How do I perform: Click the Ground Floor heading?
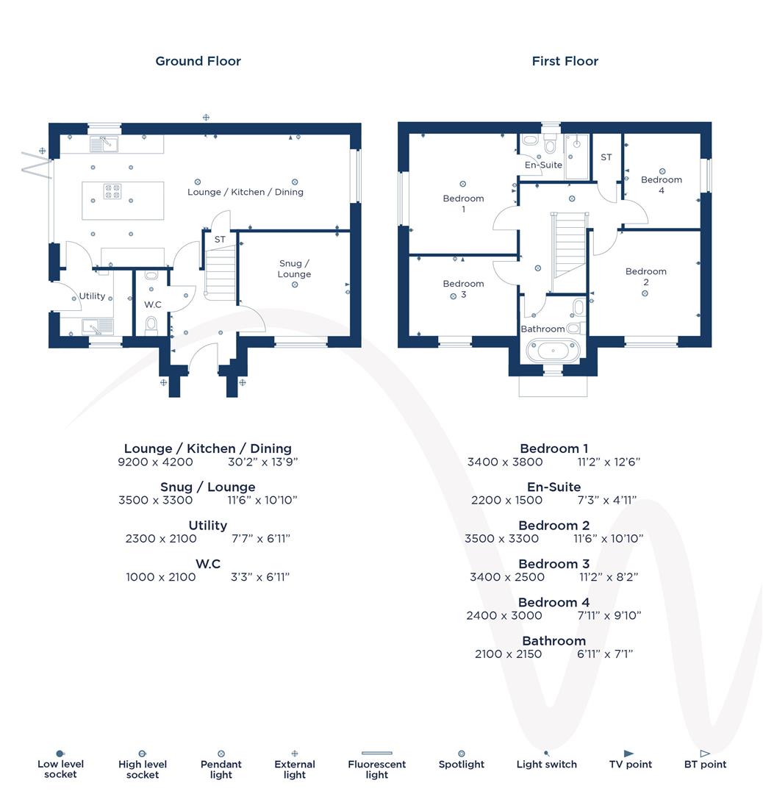198,61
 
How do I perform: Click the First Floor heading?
565,61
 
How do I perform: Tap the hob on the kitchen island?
112,191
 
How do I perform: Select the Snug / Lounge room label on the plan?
294,268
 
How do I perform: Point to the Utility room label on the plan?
92,296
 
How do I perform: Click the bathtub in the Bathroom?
553,350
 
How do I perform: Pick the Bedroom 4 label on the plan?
661,185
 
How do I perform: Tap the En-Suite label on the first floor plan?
543,165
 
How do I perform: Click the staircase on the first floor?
570,243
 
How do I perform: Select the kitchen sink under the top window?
104,144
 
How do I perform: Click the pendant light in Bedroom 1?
463,184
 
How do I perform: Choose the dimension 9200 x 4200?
155,462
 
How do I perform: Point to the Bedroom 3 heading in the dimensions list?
554,564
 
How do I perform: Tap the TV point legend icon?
628,754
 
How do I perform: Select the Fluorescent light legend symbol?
376,754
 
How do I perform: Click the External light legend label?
294,769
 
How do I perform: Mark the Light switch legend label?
546,765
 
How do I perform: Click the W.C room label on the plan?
152,304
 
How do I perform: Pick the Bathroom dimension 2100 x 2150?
508,654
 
